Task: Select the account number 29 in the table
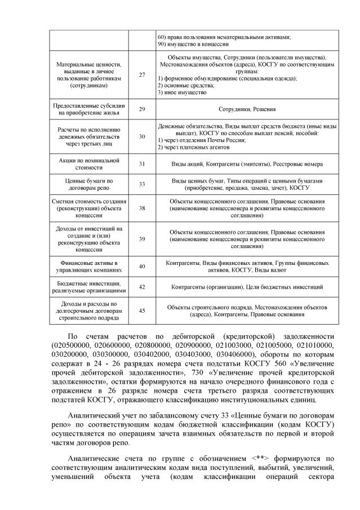pyautogui.click(x=141, y=109)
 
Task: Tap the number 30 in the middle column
pyautogui.click(x=141, y=136)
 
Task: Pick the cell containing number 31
pyautogui.click(x=141, y=163)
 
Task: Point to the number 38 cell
pyautogui.click(x=141, y=208)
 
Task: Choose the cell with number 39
pyautogui.click(x=141, y=239)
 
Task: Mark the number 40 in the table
pyautogui.click(x=141, y=267)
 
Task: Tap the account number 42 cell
pyautogui.click(x=141, y=287)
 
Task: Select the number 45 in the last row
pyautogui.click(x=141, y=311)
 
